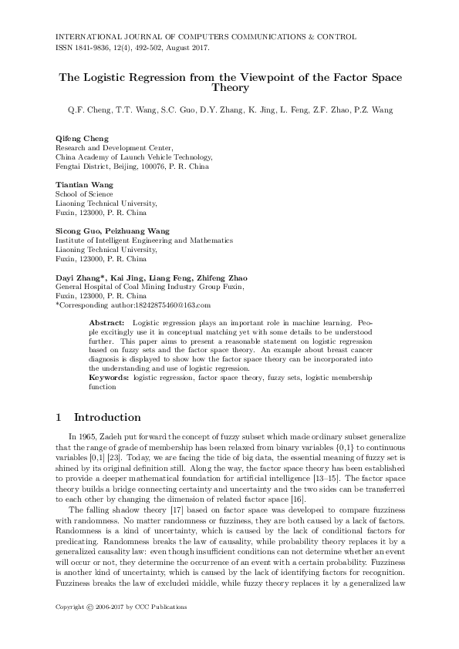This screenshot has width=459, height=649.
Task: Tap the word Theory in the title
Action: point(229,89)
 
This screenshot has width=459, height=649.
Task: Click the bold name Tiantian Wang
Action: point(84,185)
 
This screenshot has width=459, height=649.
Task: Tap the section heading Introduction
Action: point(107,418)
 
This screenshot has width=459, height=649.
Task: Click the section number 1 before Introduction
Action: point(59,418)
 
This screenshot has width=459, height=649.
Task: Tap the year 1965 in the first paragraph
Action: point(86,438)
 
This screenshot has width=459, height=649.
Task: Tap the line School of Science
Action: point(84,195)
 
